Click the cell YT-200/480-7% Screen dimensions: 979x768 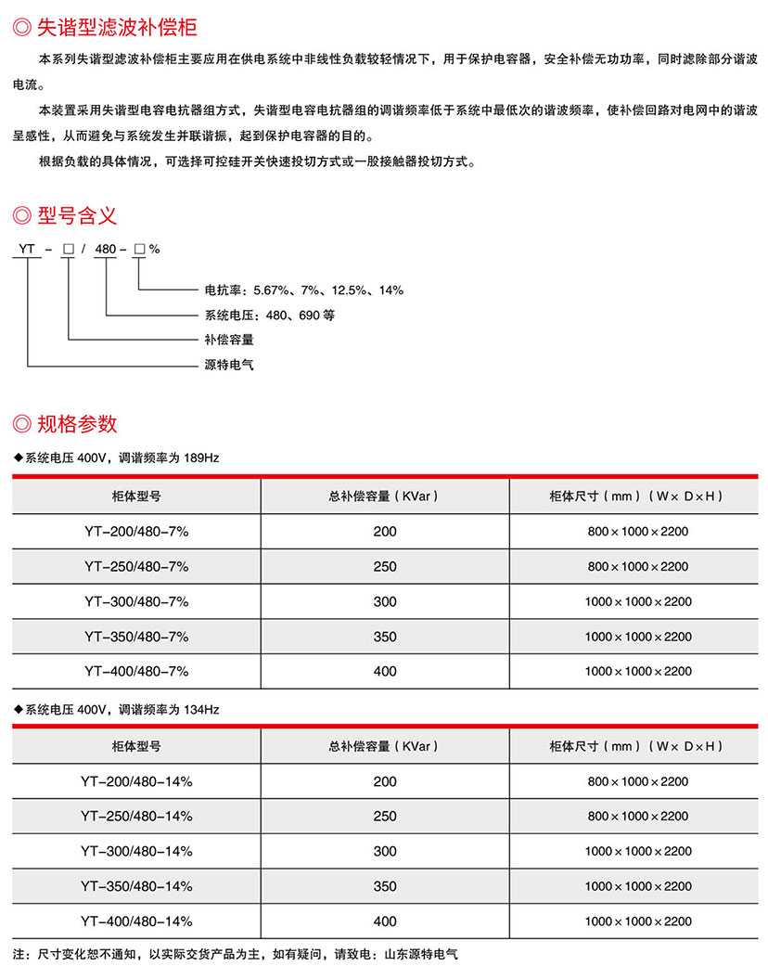136,532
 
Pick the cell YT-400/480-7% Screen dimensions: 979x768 136,671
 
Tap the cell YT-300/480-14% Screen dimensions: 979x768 136,851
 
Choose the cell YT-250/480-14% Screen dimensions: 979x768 136,816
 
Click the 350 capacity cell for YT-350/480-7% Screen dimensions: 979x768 385,637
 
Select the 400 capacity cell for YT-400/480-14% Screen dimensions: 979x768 385,921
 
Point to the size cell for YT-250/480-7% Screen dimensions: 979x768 638,566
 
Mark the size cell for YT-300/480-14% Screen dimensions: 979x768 638,851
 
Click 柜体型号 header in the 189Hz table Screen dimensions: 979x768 136,496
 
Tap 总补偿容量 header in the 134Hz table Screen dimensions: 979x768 385,746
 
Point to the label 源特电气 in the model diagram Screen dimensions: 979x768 228,365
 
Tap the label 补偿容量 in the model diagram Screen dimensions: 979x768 228,340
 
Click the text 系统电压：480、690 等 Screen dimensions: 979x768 269,316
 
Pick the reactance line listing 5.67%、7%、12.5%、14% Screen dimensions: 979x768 303,290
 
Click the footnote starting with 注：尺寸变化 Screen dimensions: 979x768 237,953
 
